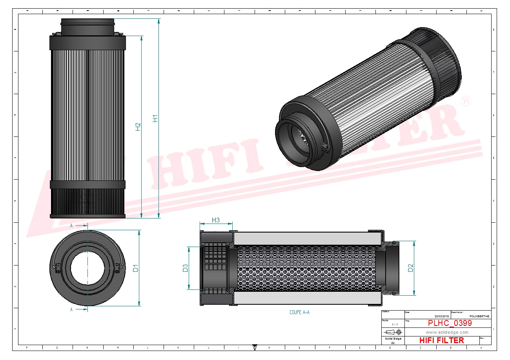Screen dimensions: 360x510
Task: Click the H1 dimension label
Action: point(155,118)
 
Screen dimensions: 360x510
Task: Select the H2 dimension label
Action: point(138,127)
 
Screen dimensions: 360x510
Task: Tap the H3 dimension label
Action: point(216,220)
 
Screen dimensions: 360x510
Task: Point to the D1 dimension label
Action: point(135,269)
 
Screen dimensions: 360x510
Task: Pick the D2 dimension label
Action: point(410,268)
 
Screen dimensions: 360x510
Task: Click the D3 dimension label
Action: point(185,268)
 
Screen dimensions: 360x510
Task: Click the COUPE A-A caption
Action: point(299,313)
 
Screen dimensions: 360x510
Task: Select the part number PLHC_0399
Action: point(450,323)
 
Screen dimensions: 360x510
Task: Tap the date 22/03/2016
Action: point(442,316)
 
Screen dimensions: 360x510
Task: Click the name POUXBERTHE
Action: point(479,316)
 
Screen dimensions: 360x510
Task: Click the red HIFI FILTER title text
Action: point(441,340)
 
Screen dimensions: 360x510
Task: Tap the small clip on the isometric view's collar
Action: point(324,148)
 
